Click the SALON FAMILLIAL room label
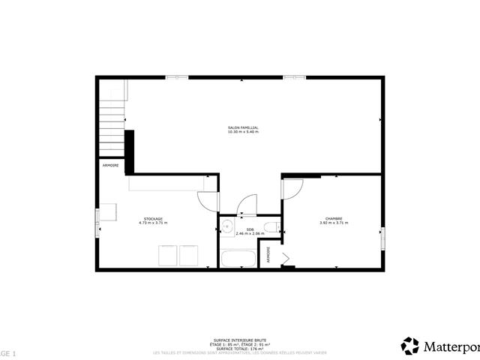point(243,127)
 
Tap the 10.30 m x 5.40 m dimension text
point(243,132)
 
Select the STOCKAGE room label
point(153,218)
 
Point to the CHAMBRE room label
point(334,218)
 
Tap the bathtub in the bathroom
point(238,259)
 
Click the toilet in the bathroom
point(275,227)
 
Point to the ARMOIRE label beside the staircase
point(110,164)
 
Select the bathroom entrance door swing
point(245,205)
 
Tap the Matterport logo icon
point(410,346)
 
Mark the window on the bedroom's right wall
point(383,238)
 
